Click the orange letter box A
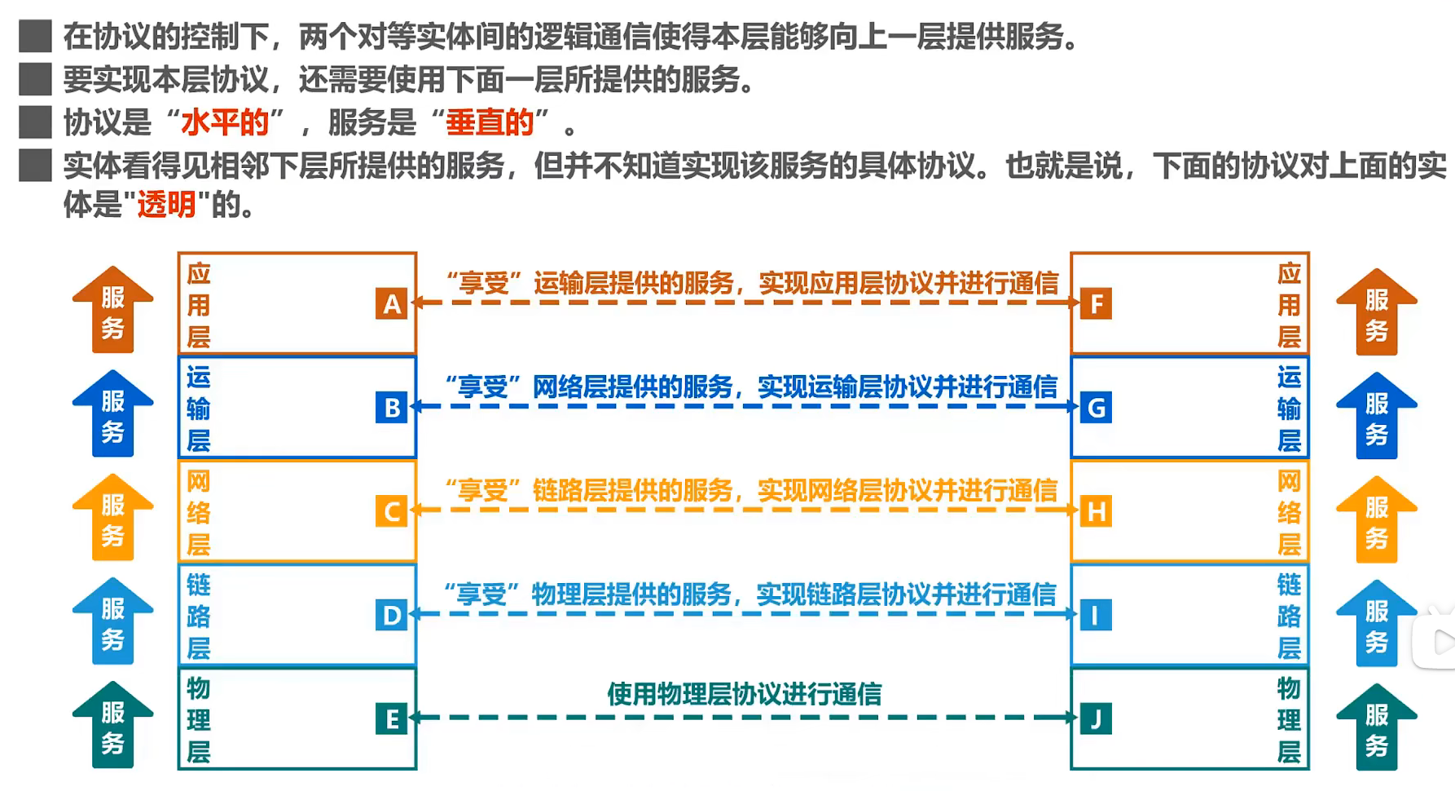coord(392,304)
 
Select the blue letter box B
coord(392,407)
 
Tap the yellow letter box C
coord(392,511)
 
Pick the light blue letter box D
coord(392,615)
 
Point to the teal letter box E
coord(392,718)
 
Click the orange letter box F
coord(1096,304)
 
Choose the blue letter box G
coord(1096,407)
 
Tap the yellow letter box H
coord(1096,511)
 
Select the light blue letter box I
coord(1096,615)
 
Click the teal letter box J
coord(1096,718)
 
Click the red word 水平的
coord(225,122)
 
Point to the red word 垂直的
coord(490,122)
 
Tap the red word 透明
coord(166,204)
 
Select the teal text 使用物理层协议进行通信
coord(744,694)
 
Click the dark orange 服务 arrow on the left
coord(112,311)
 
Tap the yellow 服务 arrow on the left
coord(112,519)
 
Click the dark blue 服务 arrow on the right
coord(1376,417)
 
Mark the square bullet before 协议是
coord(35,122)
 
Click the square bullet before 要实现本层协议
coord(35,79)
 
